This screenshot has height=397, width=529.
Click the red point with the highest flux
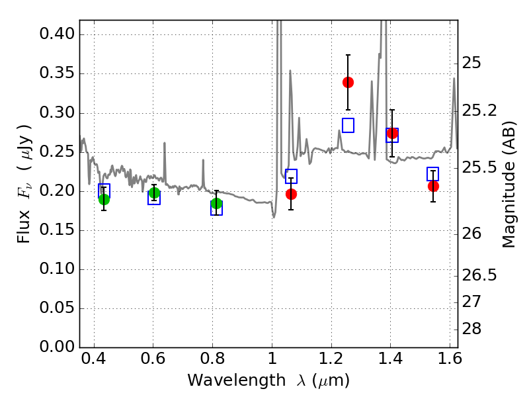pyautogui.click(x=348, y=82)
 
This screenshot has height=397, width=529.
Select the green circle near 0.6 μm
pyautogui.click(x=154, y=193)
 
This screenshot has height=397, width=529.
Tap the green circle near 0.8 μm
pyautogui.click(x=216, y=204)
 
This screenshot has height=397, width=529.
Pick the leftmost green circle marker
pyautogui.click(x=104, y=200)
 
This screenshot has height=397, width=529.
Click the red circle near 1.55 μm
pyautogui.click(x=433, y=186)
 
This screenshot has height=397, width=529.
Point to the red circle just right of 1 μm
pyautogui.click(x=291, y=194)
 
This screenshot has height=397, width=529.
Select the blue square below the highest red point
pyautogui.click(x=348, y=125)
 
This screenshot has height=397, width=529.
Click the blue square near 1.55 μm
pyautogui.click(x=432, y=174)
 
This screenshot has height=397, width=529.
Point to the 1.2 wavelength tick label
pyautogui.click(x=331, y=359)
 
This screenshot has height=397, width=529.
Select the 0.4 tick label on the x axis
pyautogui.click(x=94, y=359)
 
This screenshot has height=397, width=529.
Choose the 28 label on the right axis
pyautogui.click(x=471, y=328)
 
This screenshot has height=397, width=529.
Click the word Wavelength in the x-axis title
pyautogui.click(x=237, y=380)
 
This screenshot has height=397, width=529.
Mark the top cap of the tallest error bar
pyautogui.click(x=348, y=55)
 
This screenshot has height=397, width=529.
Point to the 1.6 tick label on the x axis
pyautogui.click(x=450, y=359)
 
